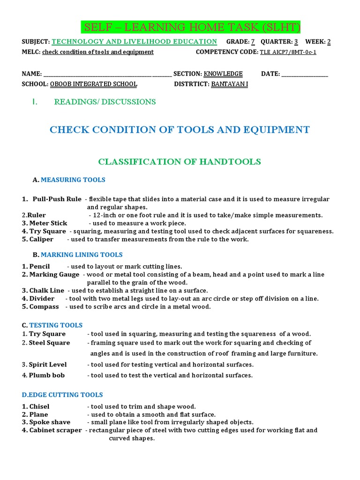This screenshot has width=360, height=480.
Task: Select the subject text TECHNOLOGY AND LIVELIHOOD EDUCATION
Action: point(134,42)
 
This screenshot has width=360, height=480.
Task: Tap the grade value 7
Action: point(253,42)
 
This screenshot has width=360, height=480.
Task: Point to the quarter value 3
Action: point(296,42)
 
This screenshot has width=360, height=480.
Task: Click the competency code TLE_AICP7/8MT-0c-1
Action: point(288,52)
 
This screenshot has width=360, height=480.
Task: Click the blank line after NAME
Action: point(107,74)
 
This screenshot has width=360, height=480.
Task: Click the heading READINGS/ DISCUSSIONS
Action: point(105,102)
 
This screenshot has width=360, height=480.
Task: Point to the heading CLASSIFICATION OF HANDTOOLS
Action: point(180,162)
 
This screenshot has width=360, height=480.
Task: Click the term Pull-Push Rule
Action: point(57,199)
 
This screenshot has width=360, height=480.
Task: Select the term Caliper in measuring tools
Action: point(41,239)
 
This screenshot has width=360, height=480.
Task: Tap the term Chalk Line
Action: point(46,291)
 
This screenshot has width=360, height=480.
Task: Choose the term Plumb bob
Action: point(47,375)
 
